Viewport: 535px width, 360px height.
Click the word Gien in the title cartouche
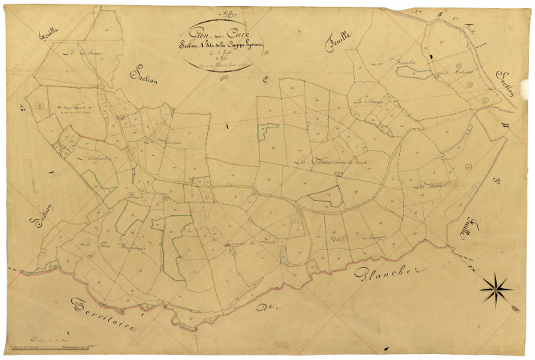(x=200, y=32)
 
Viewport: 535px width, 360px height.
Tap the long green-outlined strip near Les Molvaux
(x=413, y=73)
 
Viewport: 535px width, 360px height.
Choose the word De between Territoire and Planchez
(x=261, y=307)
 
